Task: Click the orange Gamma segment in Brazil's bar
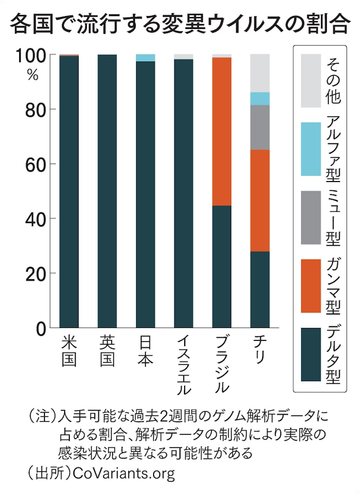pos(222,131)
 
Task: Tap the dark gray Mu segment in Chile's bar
pos(260,127)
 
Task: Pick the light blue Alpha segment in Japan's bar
pos(145,57)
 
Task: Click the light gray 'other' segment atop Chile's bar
pos(260,73)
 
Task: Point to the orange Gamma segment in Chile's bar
pos(260,200)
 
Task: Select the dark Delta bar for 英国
pos(107,191)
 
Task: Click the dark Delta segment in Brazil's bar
pos(222,267)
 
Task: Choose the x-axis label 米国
pos(69,352)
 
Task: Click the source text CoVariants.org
pos(124,473)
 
